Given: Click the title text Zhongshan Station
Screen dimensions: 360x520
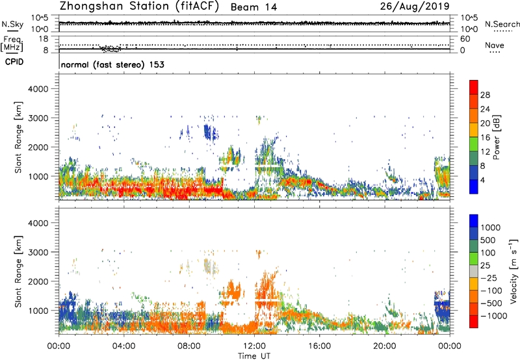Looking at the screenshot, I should point(117,7).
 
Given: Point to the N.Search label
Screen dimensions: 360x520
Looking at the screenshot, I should point(502,24).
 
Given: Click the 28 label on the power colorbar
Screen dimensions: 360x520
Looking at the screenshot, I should point(485,94).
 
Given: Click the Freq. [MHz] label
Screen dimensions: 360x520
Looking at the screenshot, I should point(12,44).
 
